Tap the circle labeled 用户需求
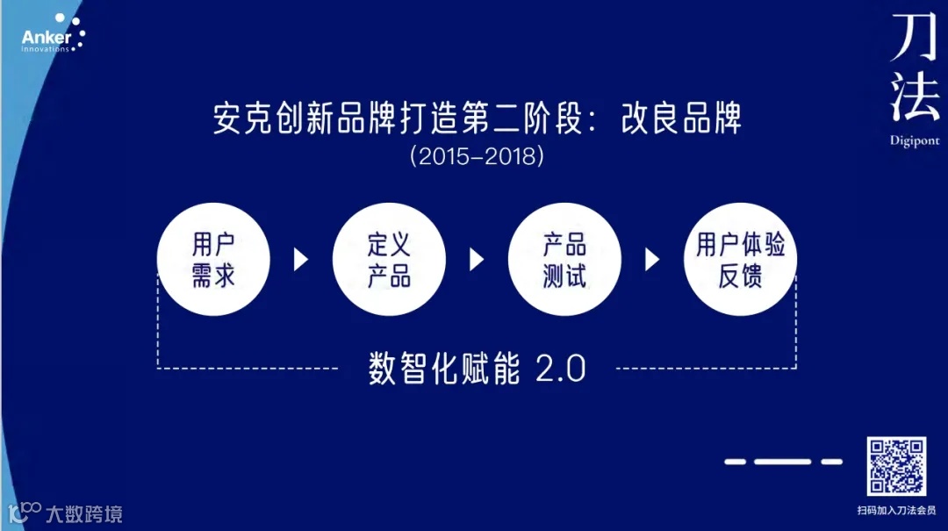[x=213, y=260]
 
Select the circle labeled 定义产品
[x=389, y=260]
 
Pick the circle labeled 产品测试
[x=564, y=260]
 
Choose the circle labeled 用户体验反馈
[x=740, y=260]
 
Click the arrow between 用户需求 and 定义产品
[x=301, y=260]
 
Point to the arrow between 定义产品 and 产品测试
[x=477, y=260]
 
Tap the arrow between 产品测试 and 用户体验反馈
[x=652, y=260]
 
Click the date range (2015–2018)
[x=477, y=157]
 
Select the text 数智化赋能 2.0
[x=477, y=369]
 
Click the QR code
[x=896, y=466]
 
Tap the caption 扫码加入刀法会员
[x=896, y=509]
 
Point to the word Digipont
[x=914, y=140]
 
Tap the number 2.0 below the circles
[x=560, y=370]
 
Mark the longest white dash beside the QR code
[x=782, y=461]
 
